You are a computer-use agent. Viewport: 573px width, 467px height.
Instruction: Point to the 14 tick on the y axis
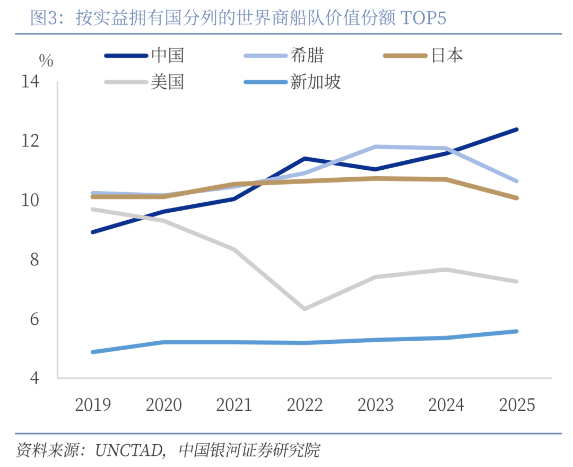pos(30,82)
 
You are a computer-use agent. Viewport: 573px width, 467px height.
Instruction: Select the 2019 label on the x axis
pos(93,405)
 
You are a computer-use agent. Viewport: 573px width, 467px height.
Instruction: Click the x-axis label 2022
pos(305,405)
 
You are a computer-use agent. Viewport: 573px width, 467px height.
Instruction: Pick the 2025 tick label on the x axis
pos(517,405)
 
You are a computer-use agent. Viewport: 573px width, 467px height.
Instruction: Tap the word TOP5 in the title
pos(424,19)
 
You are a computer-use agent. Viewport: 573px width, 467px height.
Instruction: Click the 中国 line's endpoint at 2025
pos(517,129)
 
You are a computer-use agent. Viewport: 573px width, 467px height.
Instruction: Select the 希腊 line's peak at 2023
pos(376,146)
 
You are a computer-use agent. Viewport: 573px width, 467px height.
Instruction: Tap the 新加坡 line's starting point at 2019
pos(93,352)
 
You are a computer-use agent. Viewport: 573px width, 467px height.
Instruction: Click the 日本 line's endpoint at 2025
pos(517,198)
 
